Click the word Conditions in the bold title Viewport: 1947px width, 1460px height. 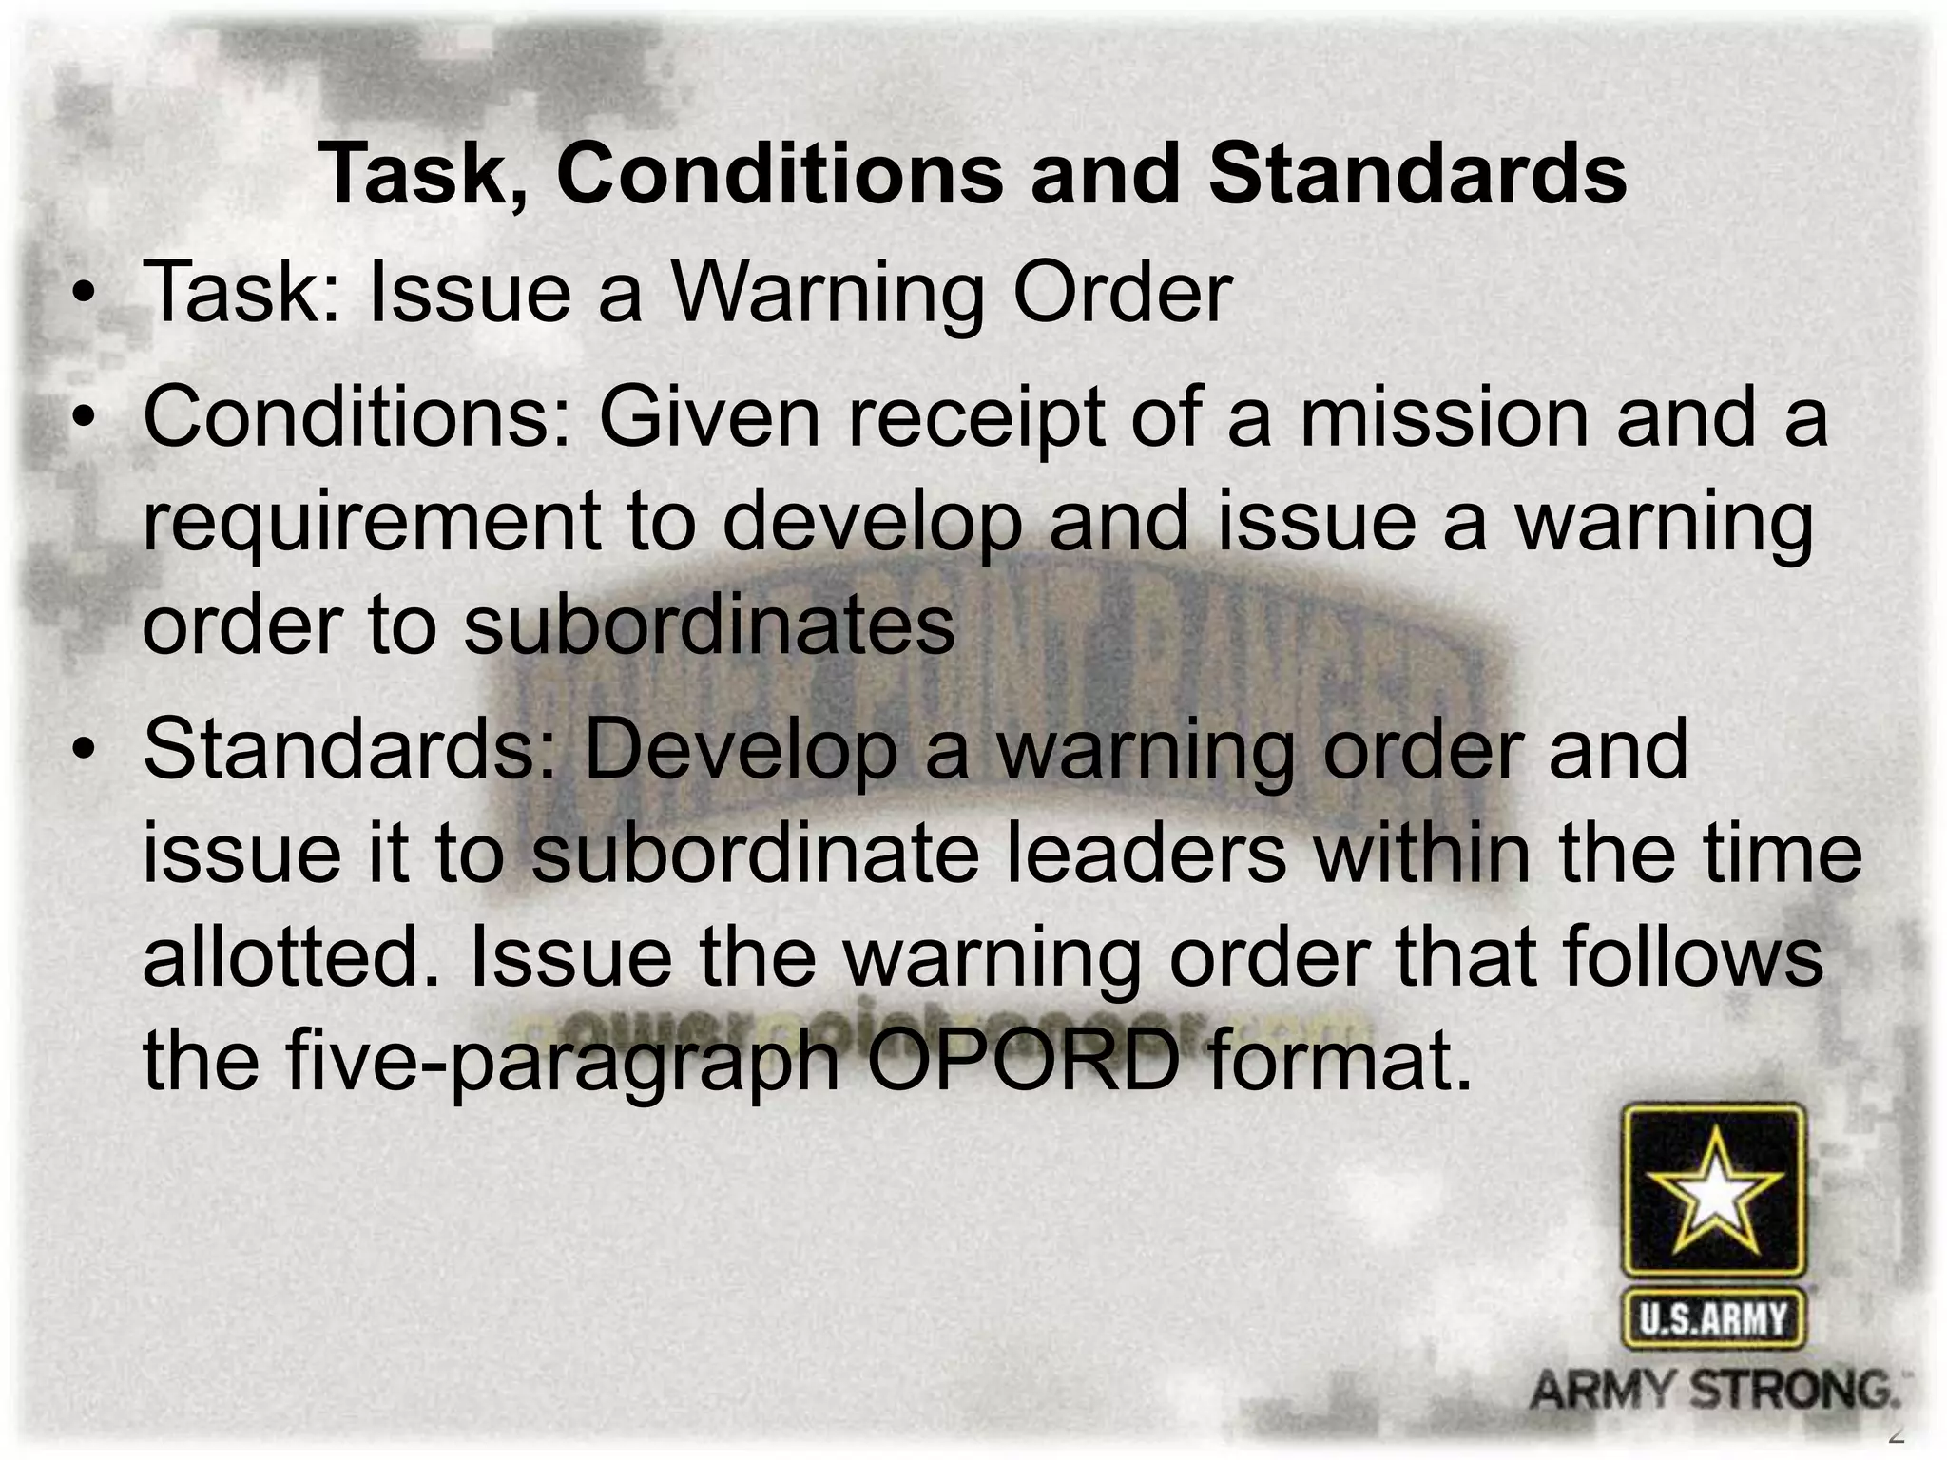pos(780,175)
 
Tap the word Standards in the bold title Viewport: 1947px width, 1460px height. pos(1417,175)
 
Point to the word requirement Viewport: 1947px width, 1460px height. pos(372,522)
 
